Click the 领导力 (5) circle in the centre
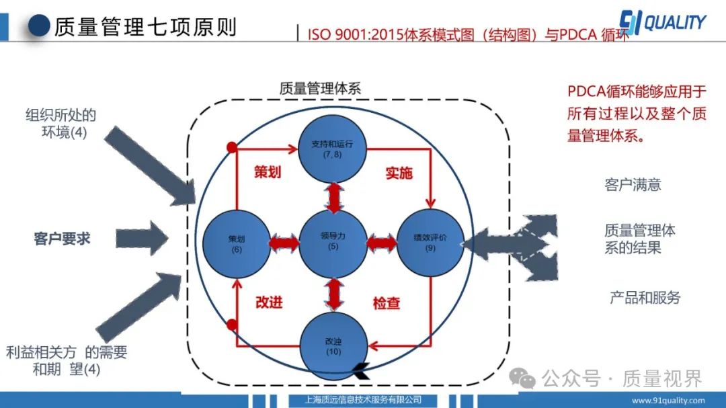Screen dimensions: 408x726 pyautogui.click(x=333, y=241)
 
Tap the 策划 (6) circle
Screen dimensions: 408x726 pyautogui.click(x=236, y=243)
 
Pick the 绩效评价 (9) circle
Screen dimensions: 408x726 pyautogui.click(x=430, y=243)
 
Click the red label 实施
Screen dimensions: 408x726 pyautogui.click(x=399, y=173)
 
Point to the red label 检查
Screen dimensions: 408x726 pyautogui.click(x=387, y=303)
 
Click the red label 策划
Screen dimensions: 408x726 pyautogui.click(x=268, y=173)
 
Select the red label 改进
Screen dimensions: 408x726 pyautogui.click(x=269, y=302)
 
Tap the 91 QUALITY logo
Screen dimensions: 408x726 pyautogui.click(x=661, y=23)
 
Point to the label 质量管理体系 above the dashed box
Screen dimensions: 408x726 pyautogui.click(x=320, y=88)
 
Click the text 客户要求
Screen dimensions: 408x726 pyautogui.click(x=62, y=239)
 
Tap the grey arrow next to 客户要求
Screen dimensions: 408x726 pyautogui.click(x=142, y=239)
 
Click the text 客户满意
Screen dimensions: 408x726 pyautogui.click(x=633, y=184)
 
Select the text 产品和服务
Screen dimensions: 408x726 pyautogui.click(x=645, y=297)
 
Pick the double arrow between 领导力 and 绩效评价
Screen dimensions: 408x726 pyautogui.click(x=382, y=241)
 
